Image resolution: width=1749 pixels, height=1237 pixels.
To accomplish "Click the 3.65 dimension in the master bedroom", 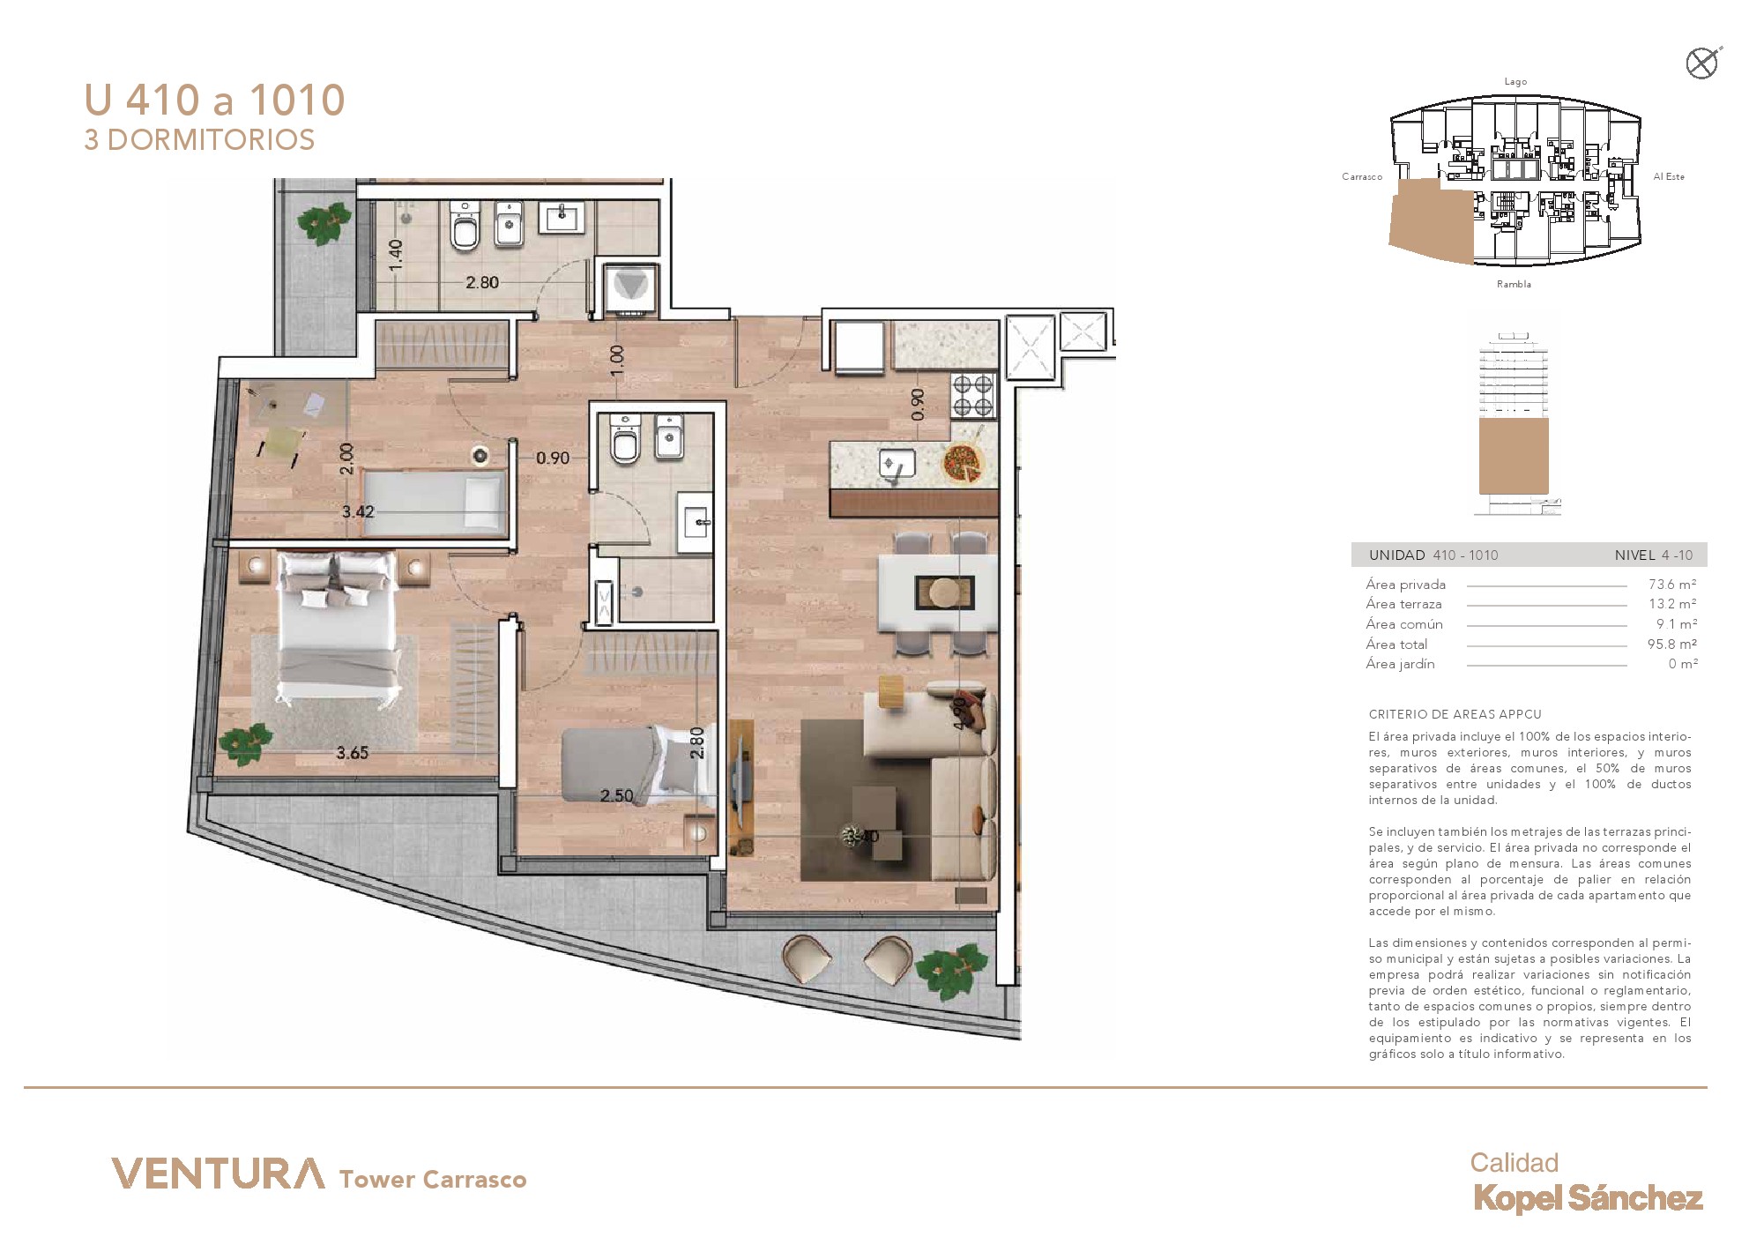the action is point(352,753).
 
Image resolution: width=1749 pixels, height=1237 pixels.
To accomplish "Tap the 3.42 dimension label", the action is point(358,511).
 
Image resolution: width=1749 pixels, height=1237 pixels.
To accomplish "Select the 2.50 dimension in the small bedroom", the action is point(616,795).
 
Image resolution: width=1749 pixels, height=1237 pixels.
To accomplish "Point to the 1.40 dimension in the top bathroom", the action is point(396,254).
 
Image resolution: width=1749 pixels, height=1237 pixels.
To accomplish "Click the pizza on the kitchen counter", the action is point(963,462).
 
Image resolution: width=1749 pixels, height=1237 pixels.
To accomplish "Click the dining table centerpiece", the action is point(944,591).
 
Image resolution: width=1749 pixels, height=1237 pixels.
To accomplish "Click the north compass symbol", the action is point(1701,63).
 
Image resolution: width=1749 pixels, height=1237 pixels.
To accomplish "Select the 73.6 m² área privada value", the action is point(1672,585).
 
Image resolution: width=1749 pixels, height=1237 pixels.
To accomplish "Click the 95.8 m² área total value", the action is point(1672,645).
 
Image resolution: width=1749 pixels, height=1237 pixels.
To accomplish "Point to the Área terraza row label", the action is point(1403,605).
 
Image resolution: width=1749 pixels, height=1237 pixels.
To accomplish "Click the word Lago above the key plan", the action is point(1515,82).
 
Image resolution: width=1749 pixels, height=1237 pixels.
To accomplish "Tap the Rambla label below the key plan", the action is point(1514,284).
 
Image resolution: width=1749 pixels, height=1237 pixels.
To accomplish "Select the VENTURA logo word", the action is point(218,1174).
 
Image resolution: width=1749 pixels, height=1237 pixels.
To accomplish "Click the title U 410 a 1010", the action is point(214,101).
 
